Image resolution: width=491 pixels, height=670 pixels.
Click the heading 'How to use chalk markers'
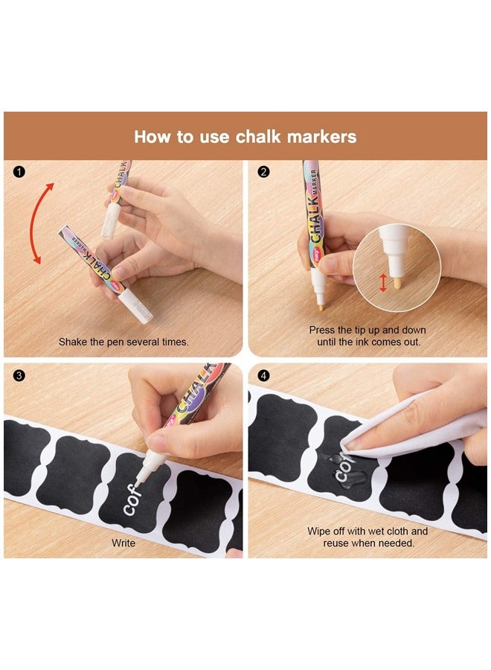(245, 137)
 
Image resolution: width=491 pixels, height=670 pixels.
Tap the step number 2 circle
(263, 172)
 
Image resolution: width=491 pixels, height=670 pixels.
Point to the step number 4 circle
(263, 375)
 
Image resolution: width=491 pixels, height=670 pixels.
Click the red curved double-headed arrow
(36, 223)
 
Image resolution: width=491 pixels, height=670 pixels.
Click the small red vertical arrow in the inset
(384, 282)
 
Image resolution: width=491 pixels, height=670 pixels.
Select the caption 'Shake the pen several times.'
(123, 342)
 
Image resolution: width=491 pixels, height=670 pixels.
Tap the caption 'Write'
(123, 543)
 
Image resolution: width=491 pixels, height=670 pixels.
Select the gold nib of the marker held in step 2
(320, 304)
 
